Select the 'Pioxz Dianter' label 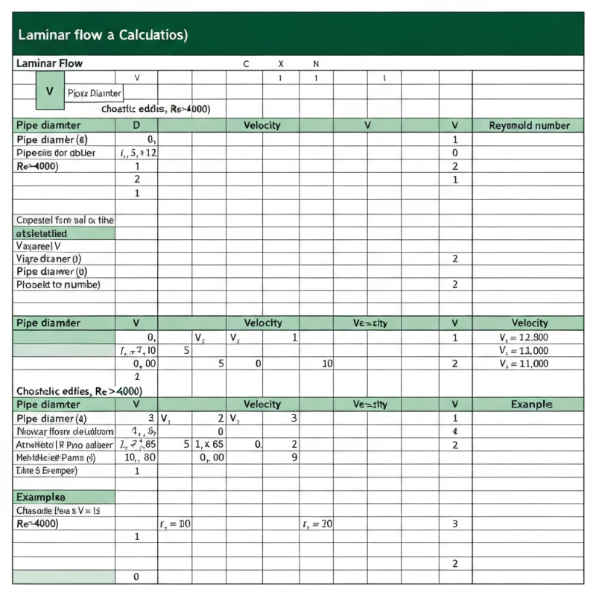click(x=94, y=93)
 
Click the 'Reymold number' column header click(x=529, y=125)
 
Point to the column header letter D click(x=136, y=125)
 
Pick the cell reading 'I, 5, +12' click(x=138, y=153)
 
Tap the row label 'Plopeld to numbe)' click(x=58, y=284)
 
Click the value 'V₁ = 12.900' click(x=523, y=337)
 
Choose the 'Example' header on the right click(x=531, y=405)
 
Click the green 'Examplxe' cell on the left click(x=41, y=497)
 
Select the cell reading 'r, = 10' click(x=175, y=524)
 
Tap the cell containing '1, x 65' click(x=209, y=445)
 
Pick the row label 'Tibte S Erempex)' click(x=46, y=471)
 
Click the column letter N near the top click(x=315, y=64)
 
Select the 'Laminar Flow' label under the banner click(x=49, y=64)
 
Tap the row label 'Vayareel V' click(x=38, y=245)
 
